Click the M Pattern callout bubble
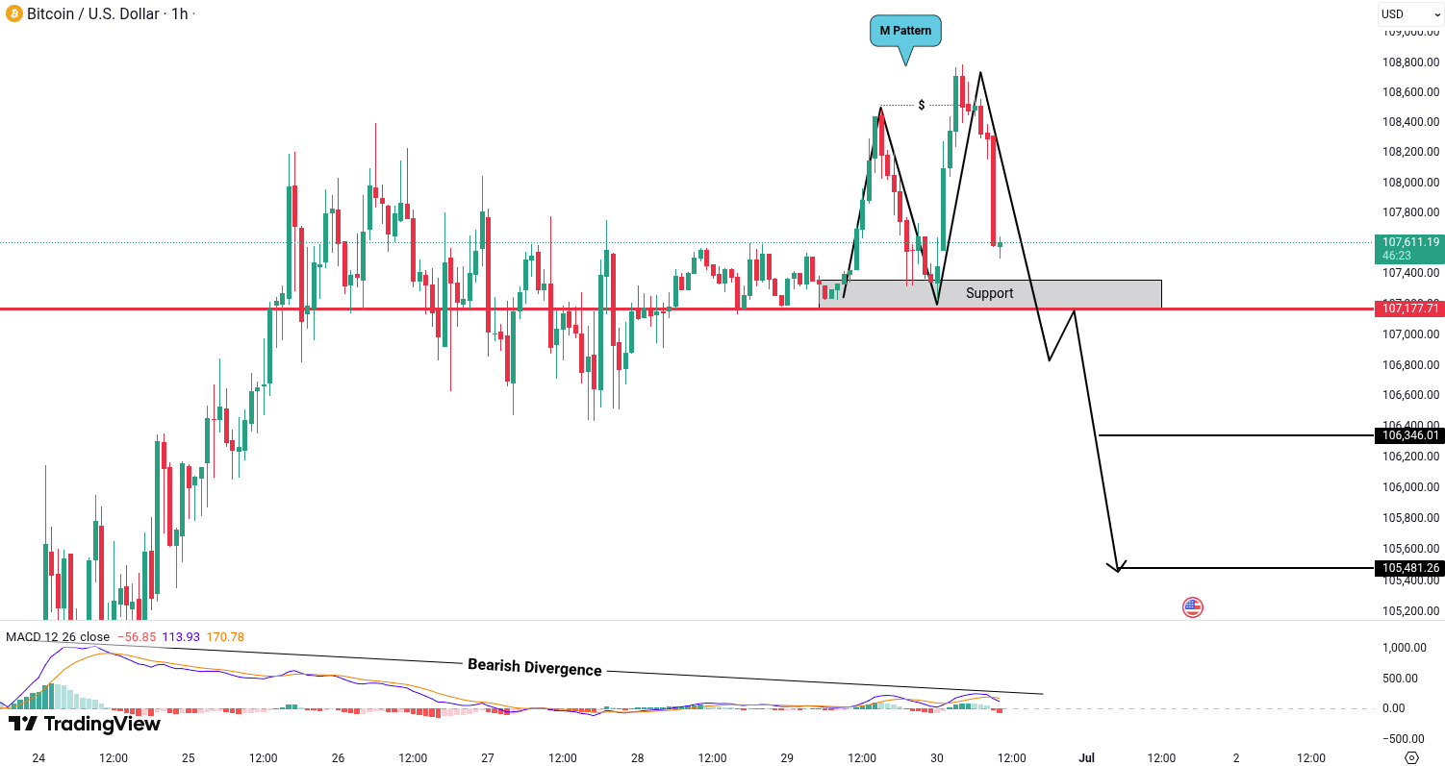pyautogui.click(x=905, y=31)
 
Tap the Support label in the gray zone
pyautogui.click(x=989, y=293)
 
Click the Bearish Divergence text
pyautogui.click(x=534, y=667)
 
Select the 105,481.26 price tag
pyautogui.click(x=1410, y=568)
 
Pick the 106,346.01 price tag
pyautogui.click(x=1410, y=435)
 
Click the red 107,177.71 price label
pyautogui.click(x=1410, y=309)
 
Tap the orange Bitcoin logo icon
pyautogui.click(x=13, y=14)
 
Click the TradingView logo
pyautogui.click(x=84, y=724)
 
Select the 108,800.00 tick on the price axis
pyautogui.click(x=1410, y=62)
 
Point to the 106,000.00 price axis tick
pyautogui.click(x=1410, y=486)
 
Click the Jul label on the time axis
pyautogui.click(x=1086, y=757)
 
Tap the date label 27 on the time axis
pyautogui.click(x=487, y=757)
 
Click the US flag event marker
pyautogui.click(x=1193, y=606)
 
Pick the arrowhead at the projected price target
pyautogui.click(x=1118, y=568)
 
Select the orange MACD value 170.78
pyautogui.click(x=225, y=637)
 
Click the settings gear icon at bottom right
pyautogui.click(x=1412, y=757)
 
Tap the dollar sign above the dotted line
pyautogui.click(x=922, y=105)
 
